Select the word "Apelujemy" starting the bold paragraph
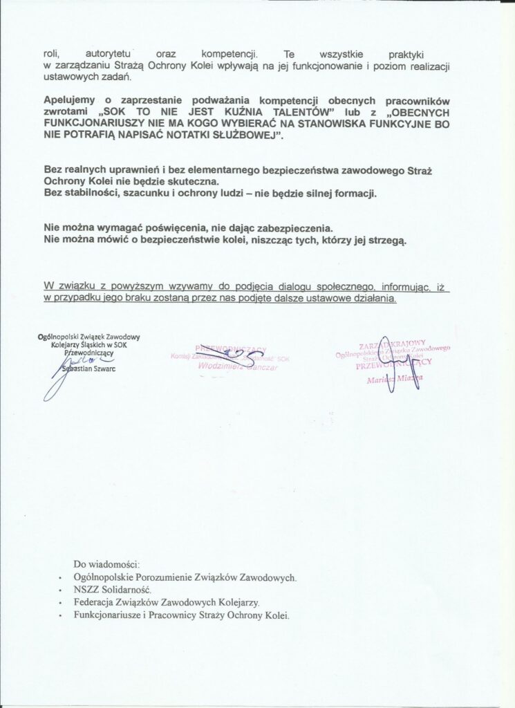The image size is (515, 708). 68,101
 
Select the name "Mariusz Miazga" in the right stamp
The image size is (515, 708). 394,379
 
